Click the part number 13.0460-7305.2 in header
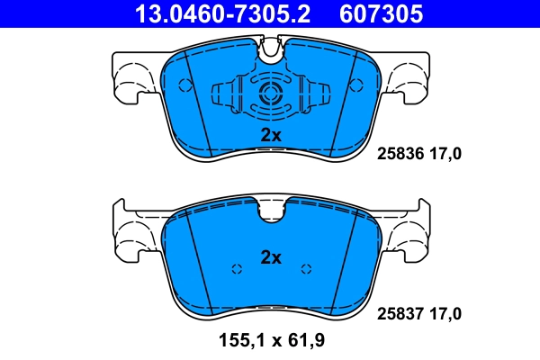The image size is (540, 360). (222, 13)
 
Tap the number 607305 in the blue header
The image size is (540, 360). (381, 13)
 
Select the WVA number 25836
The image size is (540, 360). (400, 154)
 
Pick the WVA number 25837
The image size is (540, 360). (400, 314)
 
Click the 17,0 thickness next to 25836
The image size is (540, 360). (445, 154)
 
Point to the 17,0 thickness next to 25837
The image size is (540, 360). (445, 314)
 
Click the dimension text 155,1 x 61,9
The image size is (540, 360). (272, 341)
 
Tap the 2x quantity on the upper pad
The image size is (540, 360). (271, 135)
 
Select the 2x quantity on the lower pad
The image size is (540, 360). (271, 257)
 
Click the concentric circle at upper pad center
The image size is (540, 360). (271, 93)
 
